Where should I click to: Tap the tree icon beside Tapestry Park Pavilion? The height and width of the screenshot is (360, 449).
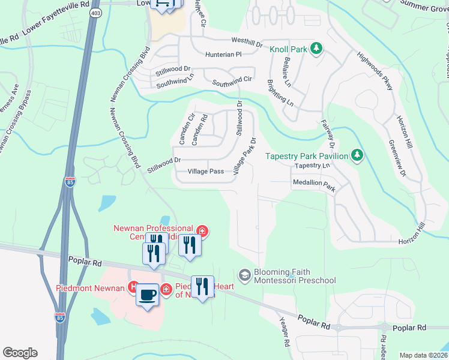tap(358, 156)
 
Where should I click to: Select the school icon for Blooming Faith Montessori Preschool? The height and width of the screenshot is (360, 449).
tap(244, 275)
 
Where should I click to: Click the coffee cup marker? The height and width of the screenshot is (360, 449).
tap(147, 294)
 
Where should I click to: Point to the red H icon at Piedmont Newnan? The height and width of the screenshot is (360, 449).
tap(134, 287)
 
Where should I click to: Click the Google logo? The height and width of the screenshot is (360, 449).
tap(20, 353)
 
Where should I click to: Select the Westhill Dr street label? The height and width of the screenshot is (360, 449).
tap(247, 42)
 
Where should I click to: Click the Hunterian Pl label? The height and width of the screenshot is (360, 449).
tap(221, 54)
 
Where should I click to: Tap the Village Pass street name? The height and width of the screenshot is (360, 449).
tap(205, 172)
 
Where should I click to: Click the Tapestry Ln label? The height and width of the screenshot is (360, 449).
tap(313, 166)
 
